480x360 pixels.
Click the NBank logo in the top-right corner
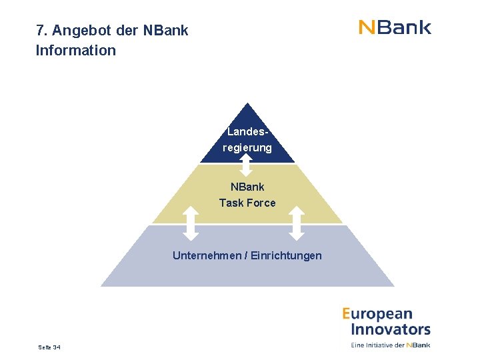coord(395,27)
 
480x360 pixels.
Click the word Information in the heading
coord(76,50)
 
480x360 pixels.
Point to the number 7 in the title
coord(40,31)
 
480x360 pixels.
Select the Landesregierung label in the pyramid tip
coord(247,139)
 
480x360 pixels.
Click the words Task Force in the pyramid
coord(247,203)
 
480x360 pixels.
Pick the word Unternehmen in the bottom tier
coord(207,255)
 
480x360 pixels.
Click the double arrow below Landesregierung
coord(247,164)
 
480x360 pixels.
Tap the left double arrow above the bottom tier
coord(191,223)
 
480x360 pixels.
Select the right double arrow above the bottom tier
coord(297,223)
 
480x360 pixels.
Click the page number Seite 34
coord(49,347)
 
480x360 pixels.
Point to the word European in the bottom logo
coord(378,314)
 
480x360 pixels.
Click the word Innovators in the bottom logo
coord(391,329)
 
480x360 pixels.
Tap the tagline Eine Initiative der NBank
coord(391,345)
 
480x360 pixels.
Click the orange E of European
coord(347,314)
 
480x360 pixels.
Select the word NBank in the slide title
coord(166,31)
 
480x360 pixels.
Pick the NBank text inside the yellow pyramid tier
coord(247,187)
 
